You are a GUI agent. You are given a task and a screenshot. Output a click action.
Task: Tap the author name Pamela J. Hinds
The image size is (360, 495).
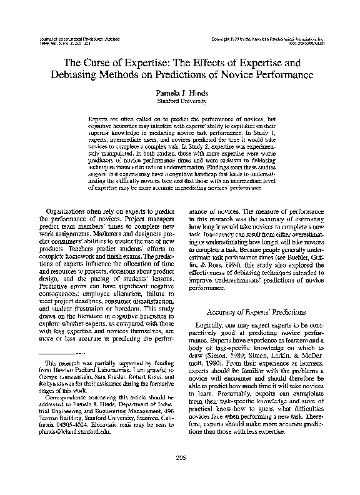pyautogui.click(x=179, y=92)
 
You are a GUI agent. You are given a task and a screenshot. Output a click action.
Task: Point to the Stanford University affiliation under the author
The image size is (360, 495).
pyautogui.click(x=179, y=100)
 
